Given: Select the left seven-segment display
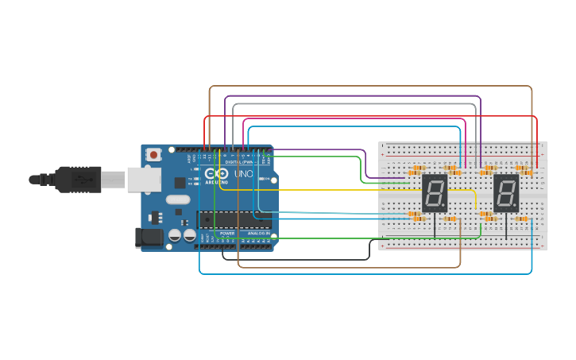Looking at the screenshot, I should coord(435,193).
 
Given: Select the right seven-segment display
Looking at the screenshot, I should coord(506,193).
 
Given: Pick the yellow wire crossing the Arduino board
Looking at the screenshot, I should coord(318,190).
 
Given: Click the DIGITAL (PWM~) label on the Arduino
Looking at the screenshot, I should coord(238,161).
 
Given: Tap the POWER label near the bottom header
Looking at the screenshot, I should coord(227,234).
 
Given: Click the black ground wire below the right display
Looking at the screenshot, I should coord(506,229).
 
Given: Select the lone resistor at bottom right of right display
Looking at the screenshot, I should coord(522,219).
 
